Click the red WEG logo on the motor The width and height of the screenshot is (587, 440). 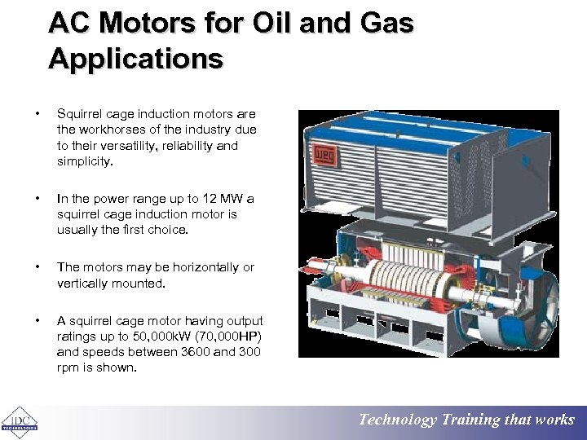coord(320,155)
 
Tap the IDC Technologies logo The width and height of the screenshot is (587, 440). coord(19,419)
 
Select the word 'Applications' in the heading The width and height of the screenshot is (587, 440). coord(135,59)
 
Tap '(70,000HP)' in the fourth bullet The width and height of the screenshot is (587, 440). coord(227,337)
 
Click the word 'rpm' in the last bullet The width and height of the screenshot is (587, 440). coord(68,367)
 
